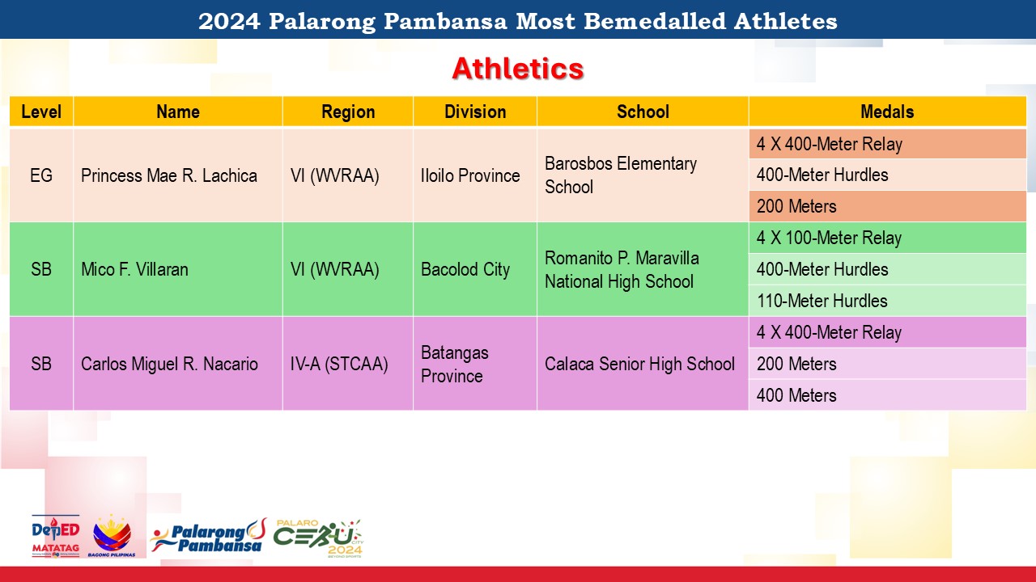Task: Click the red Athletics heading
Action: [518, 69]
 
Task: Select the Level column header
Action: [41, 112]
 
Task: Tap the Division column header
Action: [475, 112]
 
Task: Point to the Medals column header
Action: [887, 112]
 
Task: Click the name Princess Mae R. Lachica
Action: [169, 175]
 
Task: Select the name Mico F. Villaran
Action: [134, 269]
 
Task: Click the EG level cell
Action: [41, 175]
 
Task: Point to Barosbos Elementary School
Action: [621, 175]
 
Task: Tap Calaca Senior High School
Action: [639, 364]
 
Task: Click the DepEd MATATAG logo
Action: [56, 536]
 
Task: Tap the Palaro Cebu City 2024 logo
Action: [319, 538]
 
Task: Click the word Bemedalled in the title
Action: [655, 21]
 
